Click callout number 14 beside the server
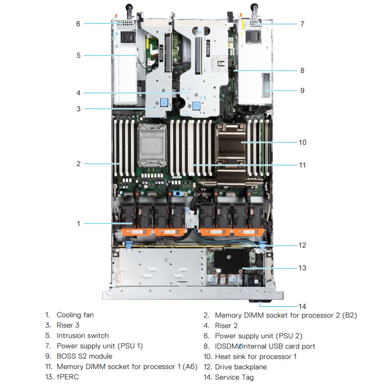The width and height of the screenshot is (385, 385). (302, 306)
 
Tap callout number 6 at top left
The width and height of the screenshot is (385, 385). (78, 23)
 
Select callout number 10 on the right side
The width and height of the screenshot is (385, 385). (302, 142)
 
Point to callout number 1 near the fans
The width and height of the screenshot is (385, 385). (78, 223)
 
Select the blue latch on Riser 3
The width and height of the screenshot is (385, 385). (165, 102)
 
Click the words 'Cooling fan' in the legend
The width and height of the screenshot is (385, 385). (75, 315)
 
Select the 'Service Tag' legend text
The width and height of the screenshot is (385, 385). (234, 377)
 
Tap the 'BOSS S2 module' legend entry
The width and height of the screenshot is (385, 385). (84, 357)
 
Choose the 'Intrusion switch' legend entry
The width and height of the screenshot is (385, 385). (82, 336)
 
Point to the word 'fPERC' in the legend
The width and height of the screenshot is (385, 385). (67, 377)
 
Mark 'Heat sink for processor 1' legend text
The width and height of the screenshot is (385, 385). (256, 357)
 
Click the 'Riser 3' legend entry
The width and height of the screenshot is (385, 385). (68, 325)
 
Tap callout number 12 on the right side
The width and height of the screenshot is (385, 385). (302, 245)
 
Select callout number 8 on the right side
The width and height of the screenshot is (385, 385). (302, 71)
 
